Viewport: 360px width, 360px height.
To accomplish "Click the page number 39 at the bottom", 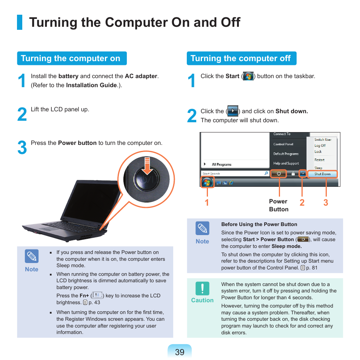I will click(180, 352).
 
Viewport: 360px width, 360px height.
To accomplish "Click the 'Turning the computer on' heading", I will click(71, 58).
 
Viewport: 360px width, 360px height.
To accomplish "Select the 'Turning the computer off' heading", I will click(241, 58).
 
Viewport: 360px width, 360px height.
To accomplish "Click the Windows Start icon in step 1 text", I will click(248, 76).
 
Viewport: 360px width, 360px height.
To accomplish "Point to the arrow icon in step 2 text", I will click(232, 111).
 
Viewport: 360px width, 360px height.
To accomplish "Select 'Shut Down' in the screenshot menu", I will click(322, 174).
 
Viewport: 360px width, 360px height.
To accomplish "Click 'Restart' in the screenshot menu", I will click(319, 160).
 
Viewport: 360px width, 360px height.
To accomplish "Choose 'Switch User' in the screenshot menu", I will click(323, 140).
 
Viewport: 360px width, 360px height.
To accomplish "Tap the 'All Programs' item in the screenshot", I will click(222, 165).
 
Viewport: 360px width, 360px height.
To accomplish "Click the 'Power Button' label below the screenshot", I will click(278, 205).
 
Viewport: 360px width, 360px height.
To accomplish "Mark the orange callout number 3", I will click(326, 203).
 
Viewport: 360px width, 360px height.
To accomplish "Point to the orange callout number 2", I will click(302, 203).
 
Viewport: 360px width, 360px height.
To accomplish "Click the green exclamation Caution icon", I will click(202, 288).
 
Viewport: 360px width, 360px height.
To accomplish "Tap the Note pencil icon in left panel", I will click(32, 257).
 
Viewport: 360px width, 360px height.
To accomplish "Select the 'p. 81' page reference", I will click(312, 268).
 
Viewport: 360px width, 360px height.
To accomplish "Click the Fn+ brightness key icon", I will click(97, 295).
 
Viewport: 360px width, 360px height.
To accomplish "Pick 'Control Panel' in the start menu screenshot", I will click(283, 144).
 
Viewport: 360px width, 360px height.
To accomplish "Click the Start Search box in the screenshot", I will click(234, 174).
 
